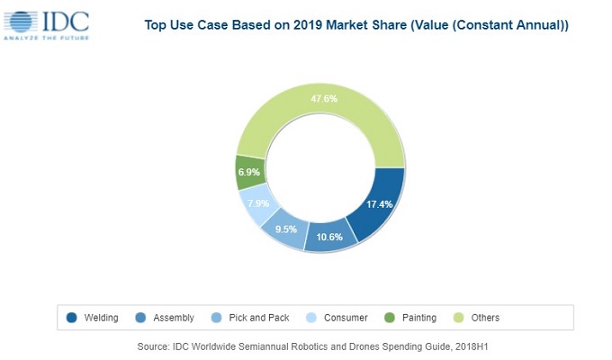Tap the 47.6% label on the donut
[x=323, y=98]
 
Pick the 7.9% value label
[x=257, y=202]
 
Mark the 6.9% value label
[x=247, y=171]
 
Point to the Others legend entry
[x=484, y=318]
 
